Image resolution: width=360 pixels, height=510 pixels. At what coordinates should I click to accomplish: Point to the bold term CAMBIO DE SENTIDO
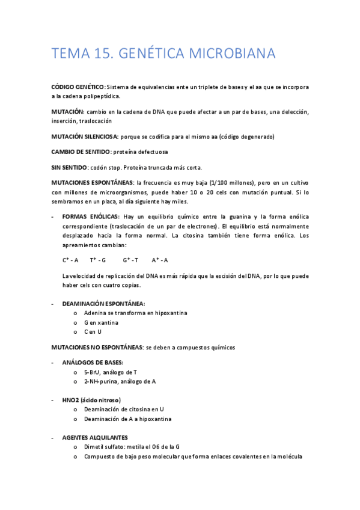coord(81,152)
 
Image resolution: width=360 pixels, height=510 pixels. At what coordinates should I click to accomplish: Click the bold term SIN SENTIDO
coord(69,167)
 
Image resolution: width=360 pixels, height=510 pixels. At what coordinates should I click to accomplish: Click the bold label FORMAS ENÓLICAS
coord(91,217)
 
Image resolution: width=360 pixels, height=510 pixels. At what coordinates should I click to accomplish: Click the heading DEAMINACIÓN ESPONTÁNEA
coord(103,304)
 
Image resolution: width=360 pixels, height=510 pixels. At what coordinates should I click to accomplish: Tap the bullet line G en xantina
coord(101,322)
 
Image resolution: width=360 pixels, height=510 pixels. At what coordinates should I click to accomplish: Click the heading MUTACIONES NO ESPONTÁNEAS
coord(97,347)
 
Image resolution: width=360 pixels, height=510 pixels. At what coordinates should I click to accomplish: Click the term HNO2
coord(72,400)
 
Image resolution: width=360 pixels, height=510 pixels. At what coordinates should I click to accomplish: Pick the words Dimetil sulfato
coord(106,447)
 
